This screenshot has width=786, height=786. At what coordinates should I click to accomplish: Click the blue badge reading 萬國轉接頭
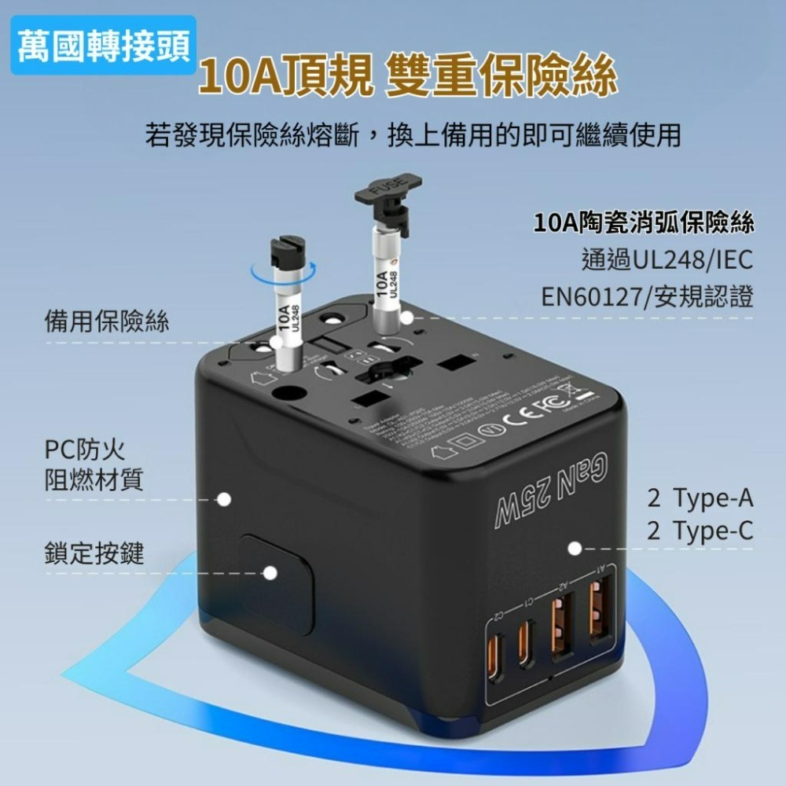click(102, 48)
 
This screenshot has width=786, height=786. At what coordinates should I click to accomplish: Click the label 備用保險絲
click(106, 321)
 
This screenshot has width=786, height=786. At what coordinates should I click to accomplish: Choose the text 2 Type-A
click(700, 498)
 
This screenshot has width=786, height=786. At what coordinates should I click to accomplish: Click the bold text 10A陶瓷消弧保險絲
click(644, 223)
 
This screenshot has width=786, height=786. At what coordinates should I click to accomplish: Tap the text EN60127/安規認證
click(647, 296)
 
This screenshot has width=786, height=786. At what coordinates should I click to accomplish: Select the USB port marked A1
click(602, 608)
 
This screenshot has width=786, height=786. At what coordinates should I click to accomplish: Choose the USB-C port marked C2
click(494, 665)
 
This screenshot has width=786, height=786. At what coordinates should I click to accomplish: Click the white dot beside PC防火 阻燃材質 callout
click(225, 499)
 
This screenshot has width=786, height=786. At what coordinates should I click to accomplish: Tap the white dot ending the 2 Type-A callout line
click(575, 548)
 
